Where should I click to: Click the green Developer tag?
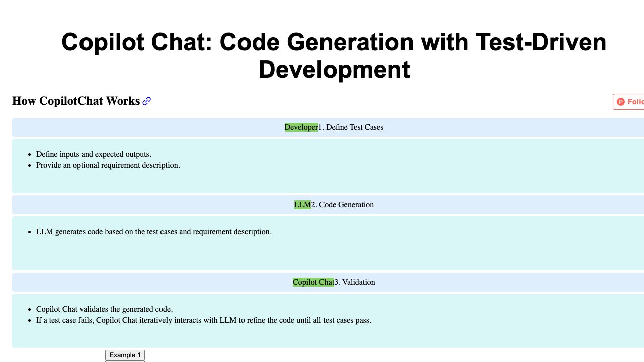click(x=301, y=127)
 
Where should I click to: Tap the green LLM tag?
click(x=302, y=205)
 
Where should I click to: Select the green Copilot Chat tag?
click(x=313, y=282)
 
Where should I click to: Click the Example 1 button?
click(x=125, y=355)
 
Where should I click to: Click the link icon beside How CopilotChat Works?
click(x=147, y=101)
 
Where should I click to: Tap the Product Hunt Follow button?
click(x=629, y=102)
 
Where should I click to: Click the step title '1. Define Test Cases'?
click(x=351, y=127)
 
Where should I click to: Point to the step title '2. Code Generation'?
click(x=343, y=205)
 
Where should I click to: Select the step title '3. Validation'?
click(x=355, y=282)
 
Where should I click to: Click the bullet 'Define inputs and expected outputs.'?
click(x=94, y=154)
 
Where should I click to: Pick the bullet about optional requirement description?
click(x=108, y=165)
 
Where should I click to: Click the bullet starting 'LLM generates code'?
click(x=153, y=232)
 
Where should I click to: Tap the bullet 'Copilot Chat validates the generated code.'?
click(x=104, y=309)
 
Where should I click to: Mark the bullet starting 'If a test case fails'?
click(x=203, y=320)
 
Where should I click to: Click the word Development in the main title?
click(x=334, y=70)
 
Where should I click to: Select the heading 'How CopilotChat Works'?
click(x=76, y=101)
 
